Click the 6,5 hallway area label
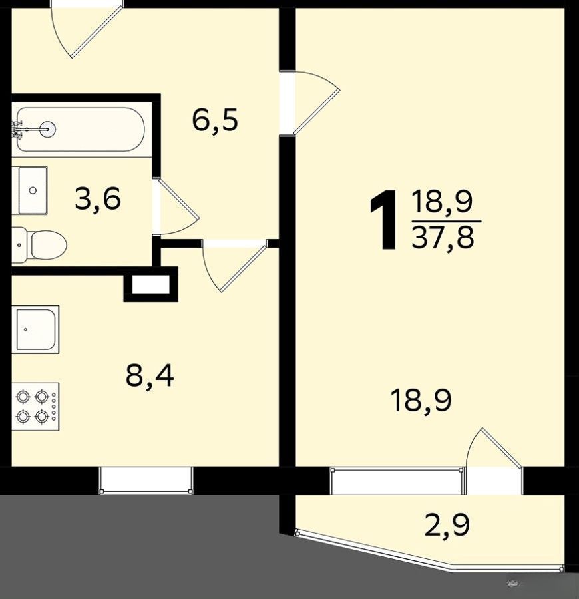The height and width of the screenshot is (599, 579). point(215,120)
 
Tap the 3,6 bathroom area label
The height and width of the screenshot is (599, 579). point(98,198)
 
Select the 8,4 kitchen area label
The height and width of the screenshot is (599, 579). point(149,375)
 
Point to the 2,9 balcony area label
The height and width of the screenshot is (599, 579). point(447,525)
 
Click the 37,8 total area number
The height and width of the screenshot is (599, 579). point(443,236)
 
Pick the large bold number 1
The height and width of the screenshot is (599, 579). point(384,221)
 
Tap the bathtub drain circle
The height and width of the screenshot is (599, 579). point(48,130)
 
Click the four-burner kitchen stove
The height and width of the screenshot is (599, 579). point(35,407)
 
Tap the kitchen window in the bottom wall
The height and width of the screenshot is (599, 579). point(146,480)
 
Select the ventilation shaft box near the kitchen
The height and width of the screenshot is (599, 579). point(151,284)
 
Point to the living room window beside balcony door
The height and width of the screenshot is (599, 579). point(397,480)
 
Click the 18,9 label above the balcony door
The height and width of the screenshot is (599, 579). point(421,401)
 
